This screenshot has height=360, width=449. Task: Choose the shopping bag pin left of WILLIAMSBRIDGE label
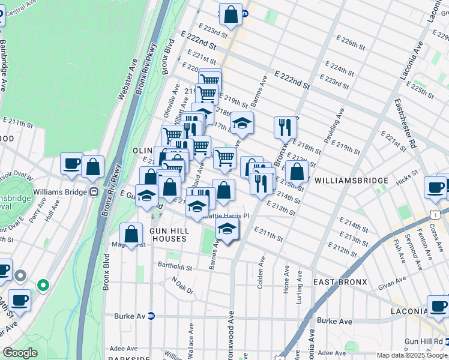coord(297,172)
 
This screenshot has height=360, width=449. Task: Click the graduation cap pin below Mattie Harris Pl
coord(227,230)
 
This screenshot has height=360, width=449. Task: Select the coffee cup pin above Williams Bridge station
coord(72,164)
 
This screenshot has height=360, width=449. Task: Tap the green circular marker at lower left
coord(43,285)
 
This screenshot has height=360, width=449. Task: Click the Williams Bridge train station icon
coord(94,192)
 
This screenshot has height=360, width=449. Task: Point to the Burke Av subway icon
coord(151,316)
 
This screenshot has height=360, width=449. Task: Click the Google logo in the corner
coord(20,353)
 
